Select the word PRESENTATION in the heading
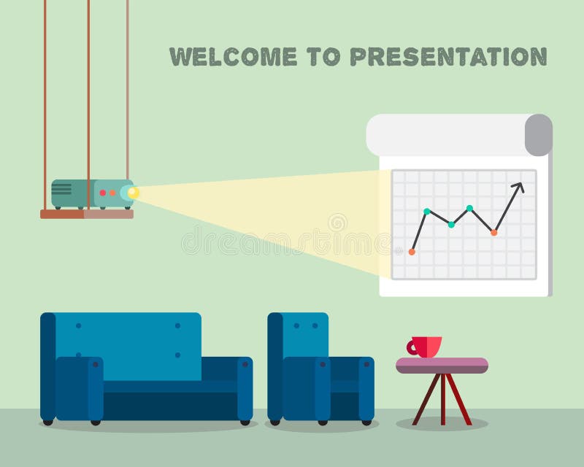(447, 56)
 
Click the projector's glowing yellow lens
(132, 193)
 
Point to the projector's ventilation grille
(62, 190)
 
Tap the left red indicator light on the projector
(103, 193)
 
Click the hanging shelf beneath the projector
(87, 215)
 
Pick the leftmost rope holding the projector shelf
(45, 88)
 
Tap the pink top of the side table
(442, 365)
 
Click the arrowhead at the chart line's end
(520, 186)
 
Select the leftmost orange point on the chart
(412, 252)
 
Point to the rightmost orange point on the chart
(494, 233)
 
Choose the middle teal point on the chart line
(451, 225)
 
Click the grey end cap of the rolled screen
(539, 135)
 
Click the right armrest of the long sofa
(245, 387)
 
